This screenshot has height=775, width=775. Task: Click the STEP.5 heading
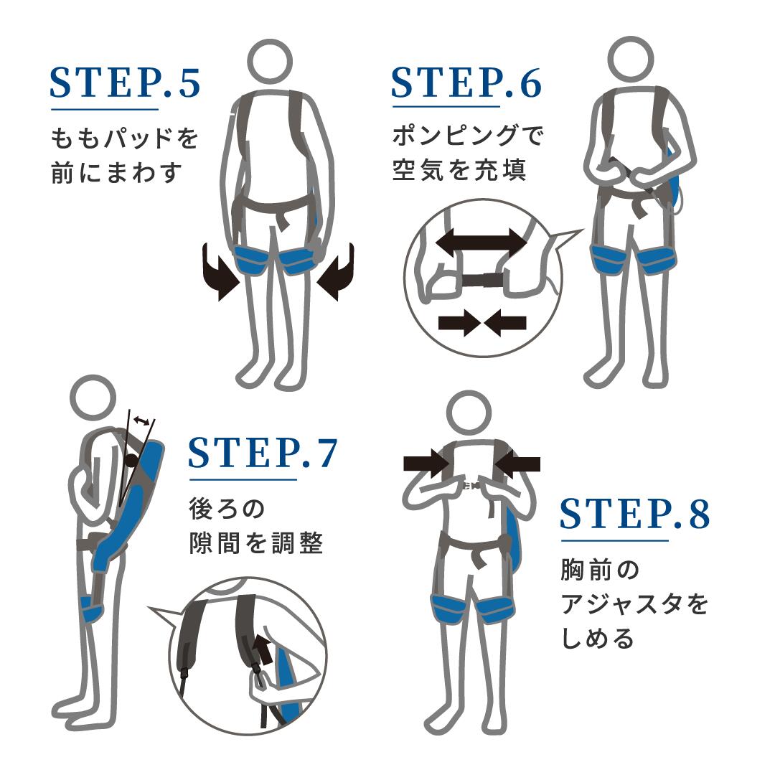tap(125, 83)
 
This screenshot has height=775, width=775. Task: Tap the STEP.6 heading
tap(466, 83)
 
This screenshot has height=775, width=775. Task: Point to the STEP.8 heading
tap(635, 514)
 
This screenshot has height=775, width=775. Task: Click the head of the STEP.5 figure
tap(269, 62)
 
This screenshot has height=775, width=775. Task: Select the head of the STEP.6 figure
tap(630, 59)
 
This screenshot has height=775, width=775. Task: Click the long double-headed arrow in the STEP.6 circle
tap(482, 243)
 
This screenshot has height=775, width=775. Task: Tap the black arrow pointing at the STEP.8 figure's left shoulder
tap(426, 464)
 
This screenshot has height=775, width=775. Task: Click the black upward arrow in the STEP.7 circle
tap(265, 649)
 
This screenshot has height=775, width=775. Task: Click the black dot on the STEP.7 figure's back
tap(131, 461)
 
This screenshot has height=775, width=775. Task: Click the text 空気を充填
tap(459, 170)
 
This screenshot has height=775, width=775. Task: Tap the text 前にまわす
tap(117, 172)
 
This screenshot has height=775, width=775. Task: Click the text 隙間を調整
tap(256, 542)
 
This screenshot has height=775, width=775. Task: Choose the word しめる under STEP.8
tap(598, 639)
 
